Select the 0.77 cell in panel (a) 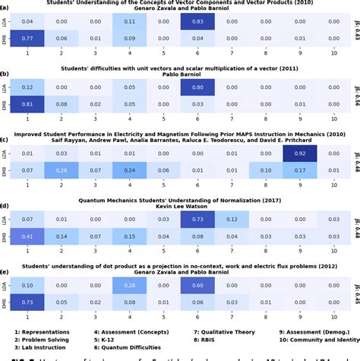(x=27, y=37)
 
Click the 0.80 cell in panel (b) (x=197, y=88)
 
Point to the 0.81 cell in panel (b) (x=27, y=103)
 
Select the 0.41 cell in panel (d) (x=27, y=236)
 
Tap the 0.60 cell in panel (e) (x=197, y=286)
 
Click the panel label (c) (x=5, y=140)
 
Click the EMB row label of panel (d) (x=6, y=236)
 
